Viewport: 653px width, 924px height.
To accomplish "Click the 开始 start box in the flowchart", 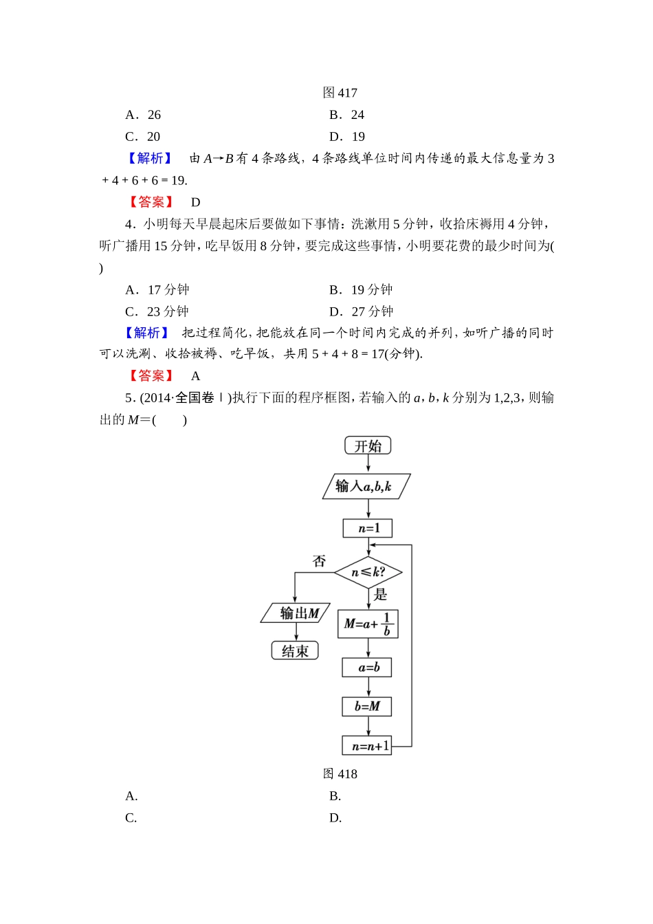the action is point(368,445).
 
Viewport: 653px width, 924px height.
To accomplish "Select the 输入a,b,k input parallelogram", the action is point(366,486).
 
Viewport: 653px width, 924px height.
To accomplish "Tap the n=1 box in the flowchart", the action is point(368,528).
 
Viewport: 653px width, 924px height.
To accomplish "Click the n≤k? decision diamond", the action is point(368,572).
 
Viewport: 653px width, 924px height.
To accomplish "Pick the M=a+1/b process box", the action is point(368,624).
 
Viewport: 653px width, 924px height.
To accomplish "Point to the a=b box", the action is point(368,667).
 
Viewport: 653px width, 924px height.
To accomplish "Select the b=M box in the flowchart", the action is point(368,706).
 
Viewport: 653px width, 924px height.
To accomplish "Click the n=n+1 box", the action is point(368,745).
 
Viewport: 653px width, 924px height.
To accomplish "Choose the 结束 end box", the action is point(296,650).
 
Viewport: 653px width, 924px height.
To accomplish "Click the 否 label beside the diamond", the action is point(319,561).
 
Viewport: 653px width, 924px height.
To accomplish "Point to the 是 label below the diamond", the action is point(380,595).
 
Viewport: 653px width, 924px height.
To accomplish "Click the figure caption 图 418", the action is point(340,773).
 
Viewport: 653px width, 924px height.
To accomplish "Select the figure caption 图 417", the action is point(340,93).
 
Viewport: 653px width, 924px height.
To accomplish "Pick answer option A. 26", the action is point(143,115).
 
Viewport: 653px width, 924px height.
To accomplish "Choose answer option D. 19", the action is point(347,136).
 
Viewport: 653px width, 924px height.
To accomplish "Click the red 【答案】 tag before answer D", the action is point(151,202).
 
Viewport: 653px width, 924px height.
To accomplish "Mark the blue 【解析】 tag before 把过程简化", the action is point(147,333).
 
